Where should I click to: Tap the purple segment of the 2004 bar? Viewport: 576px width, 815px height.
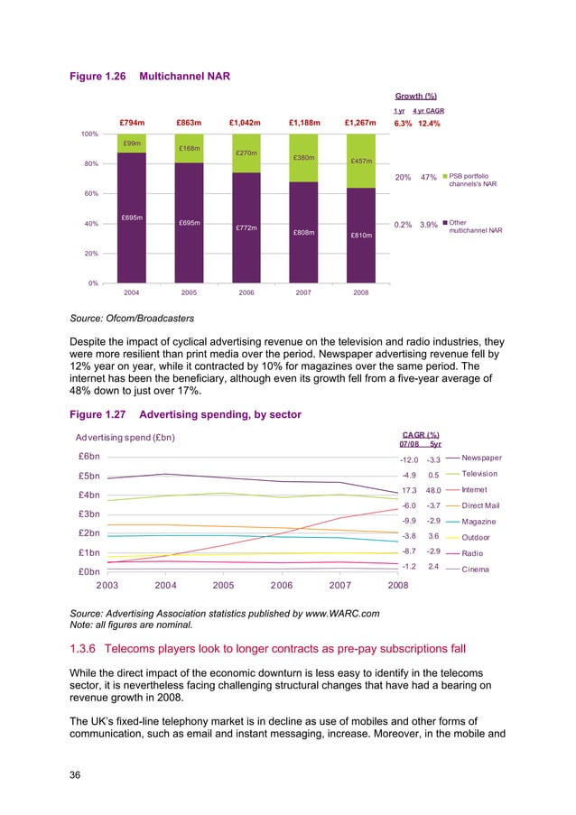tap(132, 218)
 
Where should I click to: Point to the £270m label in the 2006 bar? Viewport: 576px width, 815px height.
tap(246, 153)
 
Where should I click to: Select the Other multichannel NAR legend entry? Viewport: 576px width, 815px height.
tap(475, 227)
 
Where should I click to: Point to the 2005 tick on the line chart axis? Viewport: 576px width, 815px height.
tap(222, 585)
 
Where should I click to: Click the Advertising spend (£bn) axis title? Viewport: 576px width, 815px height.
tap(125, 438)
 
